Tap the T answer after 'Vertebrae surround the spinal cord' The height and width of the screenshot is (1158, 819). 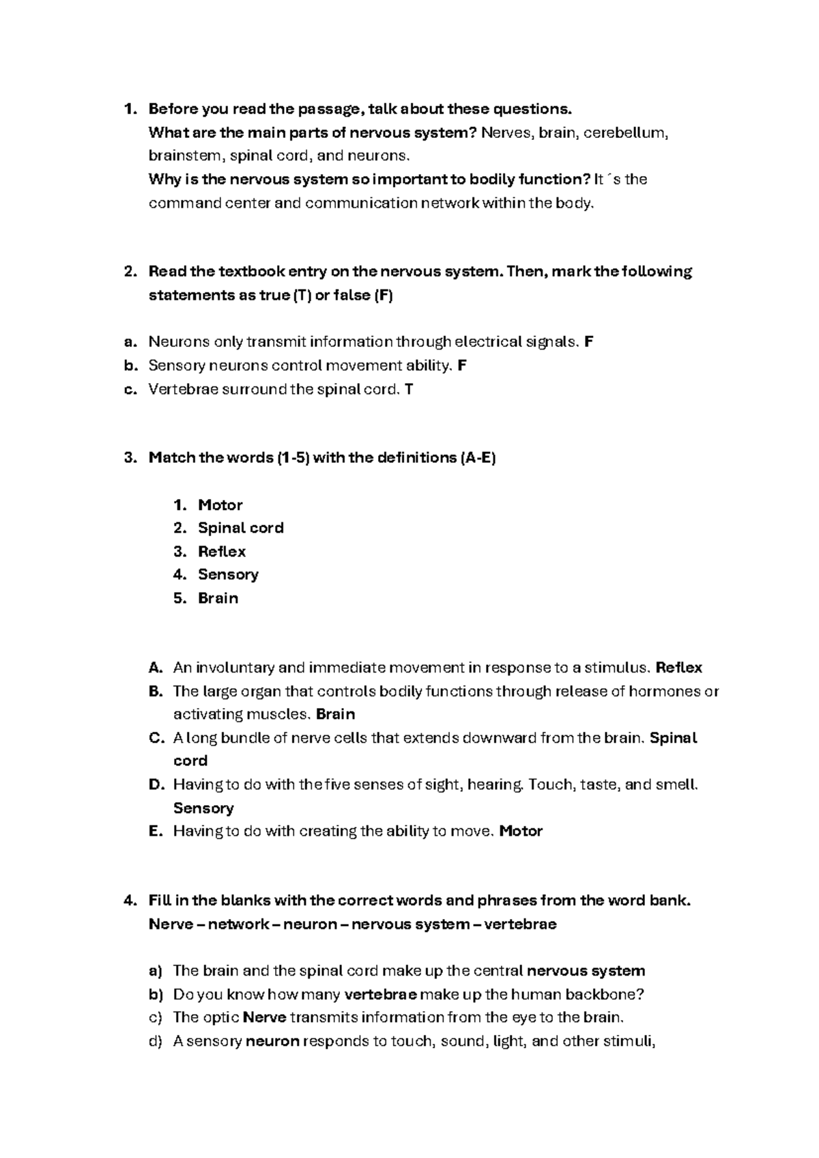click(x=409, y=389)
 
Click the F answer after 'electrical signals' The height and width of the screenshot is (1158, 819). click(x=589, y=342)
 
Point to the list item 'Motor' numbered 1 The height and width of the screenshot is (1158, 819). click(x=220, y=505)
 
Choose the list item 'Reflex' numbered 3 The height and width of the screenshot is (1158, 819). click(x=222, y=552)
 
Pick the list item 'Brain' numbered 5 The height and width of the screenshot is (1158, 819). click(x=218, y=598)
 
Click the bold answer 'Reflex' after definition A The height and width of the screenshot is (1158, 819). click(x=678, y=668)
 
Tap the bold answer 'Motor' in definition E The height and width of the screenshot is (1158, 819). click(x=521, y=831)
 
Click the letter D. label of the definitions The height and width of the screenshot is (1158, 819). click(x=156, y=785)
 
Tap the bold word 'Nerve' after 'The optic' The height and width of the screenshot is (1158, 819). click(x=264, y=1017)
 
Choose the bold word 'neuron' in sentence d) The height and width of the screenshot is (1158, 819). click(x=272, y=1041)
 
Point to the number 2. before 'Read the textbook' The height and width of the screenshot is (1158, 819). click(x=130, y=272)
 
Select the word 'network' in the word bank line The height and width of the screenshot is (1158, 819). click(x=238, y=924)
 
